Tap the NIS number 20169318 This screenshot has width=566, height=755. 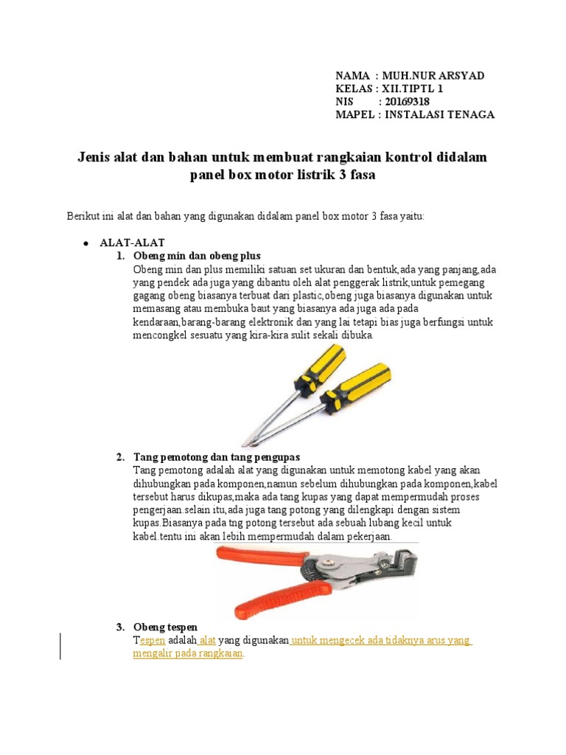click(x=405, y=102)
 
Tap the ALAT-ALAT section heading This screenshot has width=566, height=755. click(x=133, y=243)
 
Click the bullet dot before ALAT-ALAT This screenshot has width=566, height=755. click(x=85, y=243)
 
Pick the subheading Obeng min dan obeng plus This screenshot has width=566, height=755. click(x=186, y=256)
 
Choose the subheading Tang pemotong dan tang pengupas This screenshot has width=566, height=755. click(x=217, y=457)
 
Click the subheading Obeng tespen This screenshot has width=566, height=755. click(x=166, y=627)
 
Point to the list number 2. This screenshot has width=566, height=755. click(x=120, y=457)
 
